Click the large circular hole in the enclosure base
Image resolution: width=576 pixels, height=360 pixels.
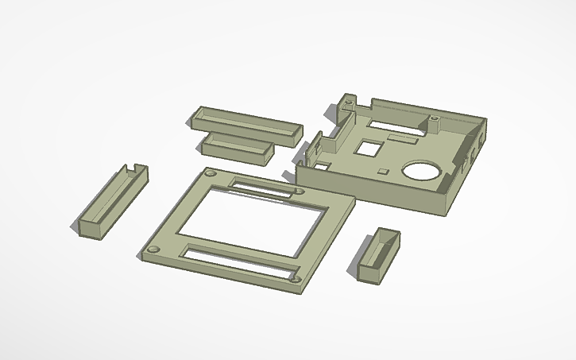pos(420,170)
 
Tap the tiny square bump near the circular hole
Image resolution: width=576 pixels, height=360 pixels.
pos(383,171)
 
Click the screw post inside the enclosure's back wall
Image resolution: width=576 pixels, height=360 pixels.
pos(435,123)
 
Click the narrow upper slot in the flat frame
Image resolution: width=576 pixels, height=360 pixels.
pos(262,188)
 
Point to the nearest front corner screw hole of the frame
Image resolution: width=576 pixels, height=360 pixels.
pos(295,278)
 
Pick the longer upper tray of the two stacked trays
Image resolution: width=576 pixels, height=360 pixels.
pos(246,122)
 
